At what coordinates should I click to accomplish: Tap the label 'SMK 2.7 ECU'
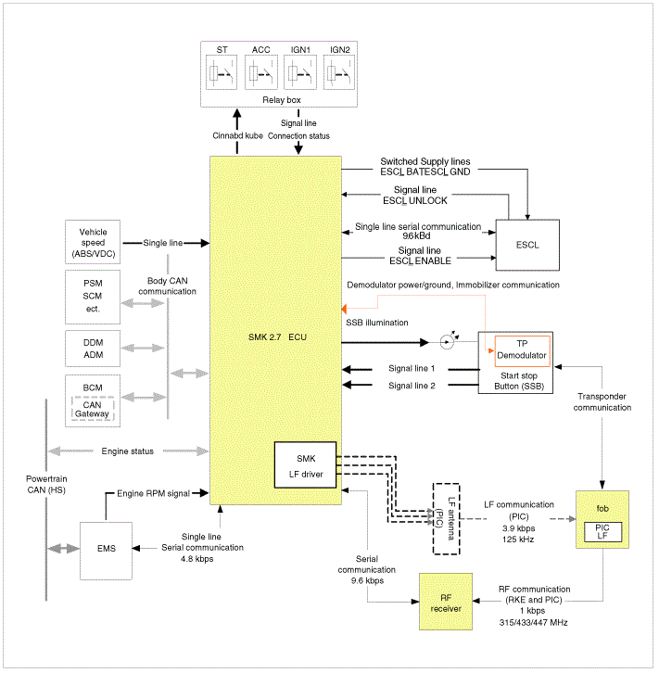(x=277, y=336)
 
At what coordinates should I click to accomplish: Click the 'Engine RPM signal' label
(x=153, y=493)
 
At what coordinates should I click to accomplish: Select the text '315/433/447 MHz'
(x=533, y=622)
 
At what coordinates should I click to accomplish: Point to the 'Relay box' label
(x=282, y=99)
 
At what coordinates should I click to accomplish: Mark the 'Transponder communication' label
(x=602, y=401)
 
